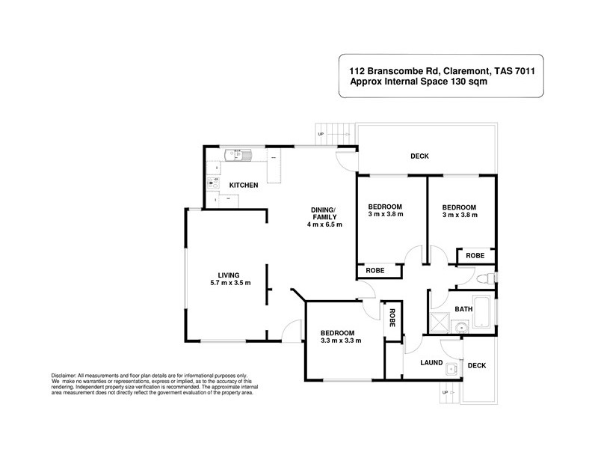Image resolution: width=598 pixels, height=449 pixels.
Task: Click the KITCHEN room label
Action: tap(244, 185)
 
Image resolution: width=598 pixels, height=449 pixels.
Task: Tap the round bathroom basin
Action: tap(461, 326)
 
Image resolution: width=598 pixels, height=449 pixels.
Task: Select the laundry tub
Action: tap(451, 368)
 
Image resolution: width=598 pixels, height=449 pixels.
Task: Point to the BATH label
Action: tap(464, 308)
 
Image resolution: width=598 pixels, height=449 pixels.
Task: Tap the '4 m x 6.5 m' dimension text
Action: tap(324, 224)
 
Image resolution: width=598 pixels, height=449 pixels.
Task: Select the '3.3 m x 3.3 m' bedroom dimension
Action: tap(341, 340)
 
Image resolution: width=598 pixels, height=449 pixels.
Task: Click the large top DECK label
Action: tap(419, 156)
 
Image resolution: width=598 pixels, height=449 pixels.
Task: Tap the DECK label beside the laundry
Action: tap(476, 366)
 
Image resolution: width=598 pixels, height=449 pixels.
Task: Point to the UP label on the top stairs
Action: tap(321, 135)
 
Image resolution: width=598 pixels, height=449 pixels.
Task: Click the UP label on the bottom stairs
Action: tap(446, 393)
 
